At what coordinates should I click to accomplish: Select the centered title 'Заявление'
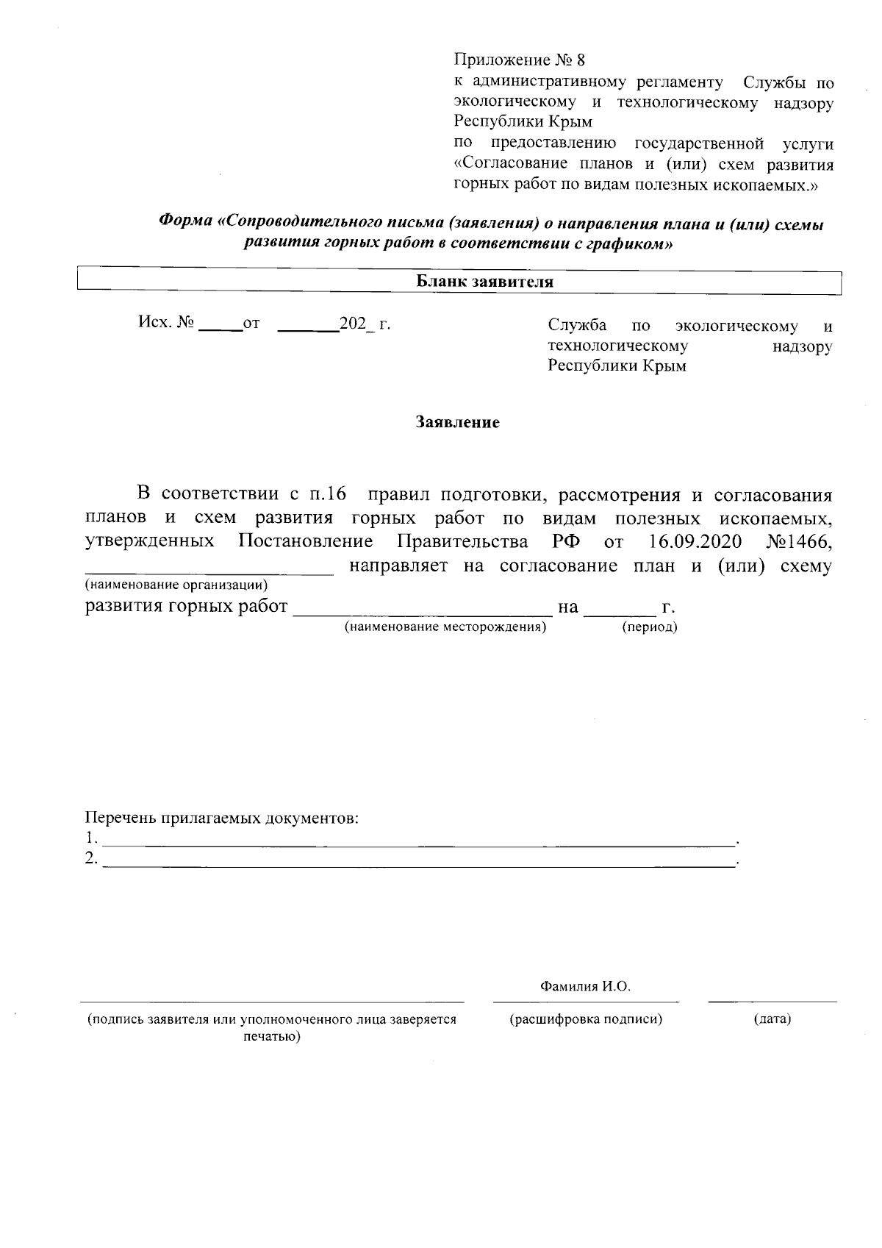pyautogui.click(x=457, y=423)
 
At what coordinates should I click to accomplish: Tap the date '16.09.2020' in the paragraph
pyautogui.click(x=695, y=543)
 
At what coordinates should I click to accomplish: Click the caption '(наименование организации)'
pyautogui.click(x=176, y=585)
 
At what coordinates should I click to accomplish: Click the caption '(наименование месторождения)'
pyautogui.click(x=445, y=627)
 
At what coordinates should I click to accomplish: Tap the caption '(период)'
pyautogui.click(x=649, y=627)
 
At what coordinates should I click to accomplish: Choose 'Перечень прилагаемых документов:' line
pyautogui.click(x=222, y=818)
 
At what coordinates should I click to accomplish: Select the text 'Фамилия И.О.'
pyautogui.click(x=585, y=987)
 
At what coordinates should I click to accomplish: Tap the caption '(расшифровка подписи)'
pyautogui.click(x=586, y=1019)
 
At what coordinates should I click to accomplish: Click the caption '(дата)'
pyautogui.click(x=772, y=1019)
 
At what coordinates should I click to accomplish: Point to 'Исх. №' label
pyautogui.click(x=166, y=323)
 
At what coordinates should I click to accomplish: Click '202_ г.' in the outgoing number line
pyautogui.click(x=365, y=324)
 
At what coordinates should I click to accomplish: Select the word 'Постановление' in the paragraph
pyautogui.click(x=306, y=543)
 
